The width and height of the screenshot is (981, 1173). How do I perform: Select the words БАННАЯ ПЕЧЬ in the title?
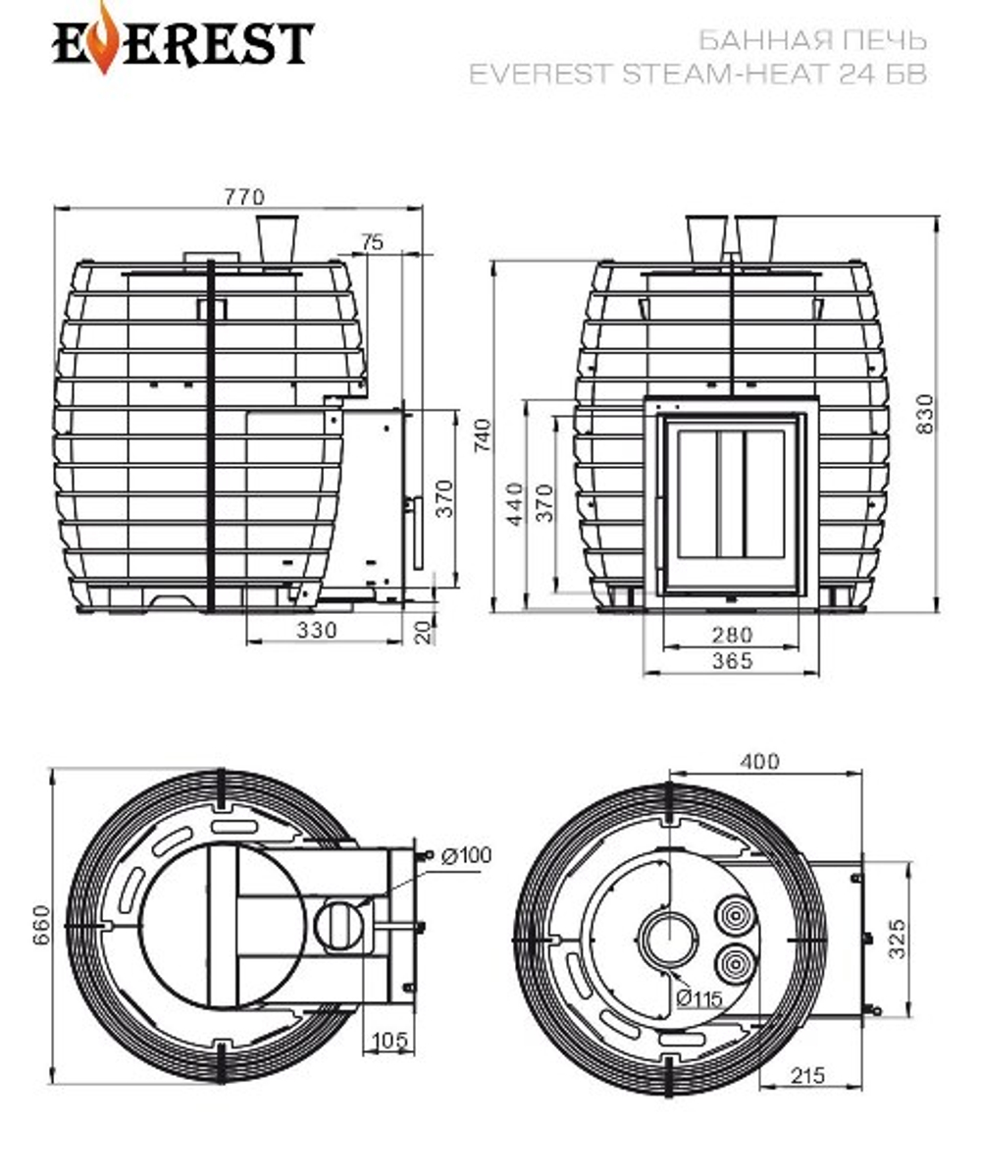click(x=811, y=41)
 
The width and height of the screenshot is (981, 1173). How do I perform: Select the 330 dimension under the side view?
click(x=316, y=630)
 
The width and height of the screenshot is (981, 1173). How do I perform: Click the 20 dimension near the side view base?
click(x=424, y=633)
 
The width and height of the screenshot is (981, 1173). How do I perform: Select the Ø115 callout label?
click(x=698, y=998)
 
